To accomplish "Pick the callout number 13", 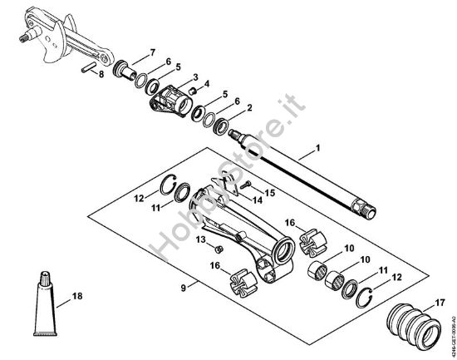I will click(200, 239).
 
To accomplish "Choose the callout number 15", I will click(269, 192).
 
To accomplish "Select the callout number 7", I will click(153, 52).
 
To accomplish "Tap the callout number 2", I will click(249, 107).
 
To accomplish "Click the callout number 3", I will click(194, 76).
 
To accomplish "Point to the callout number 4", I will click(206, 84).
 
